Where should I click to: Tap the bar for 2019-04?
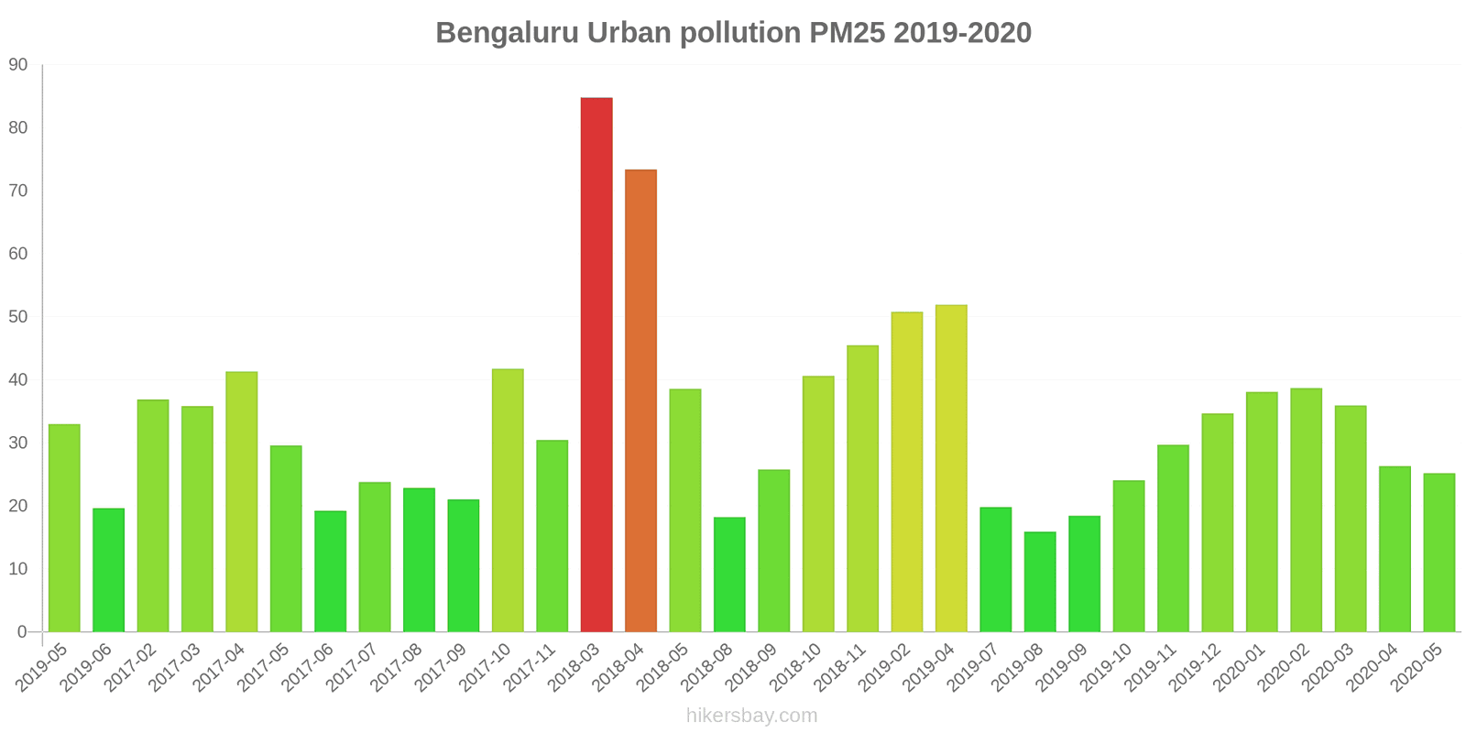point(951,468)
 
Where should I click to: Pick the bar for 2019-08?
point(1040,582)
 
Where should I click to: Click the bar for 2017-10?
point(508,500)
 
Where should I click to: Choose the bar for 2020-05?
point(1439,552)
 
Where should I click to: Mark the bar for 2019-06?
point(108,570)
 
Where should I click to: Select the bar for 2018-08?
point(729,574)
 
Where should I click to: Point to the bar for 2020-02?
point(1306,510)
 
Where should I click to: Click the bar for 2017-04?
point(242,501)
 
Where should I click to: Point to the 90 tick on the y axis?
point(18,65)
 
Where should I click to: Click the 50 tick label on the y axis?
point(18,317)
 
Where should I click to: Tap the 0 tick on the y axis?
point(22,632)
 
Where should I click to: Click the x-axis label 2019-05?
point(40,667)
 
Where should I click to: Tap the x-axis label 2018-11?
point(838,667)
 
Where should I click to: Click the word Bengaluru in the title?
point(507,33)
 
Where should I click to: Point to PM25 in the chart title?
point(848,33)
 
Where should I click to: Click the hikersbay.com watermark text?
point(751,716)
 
